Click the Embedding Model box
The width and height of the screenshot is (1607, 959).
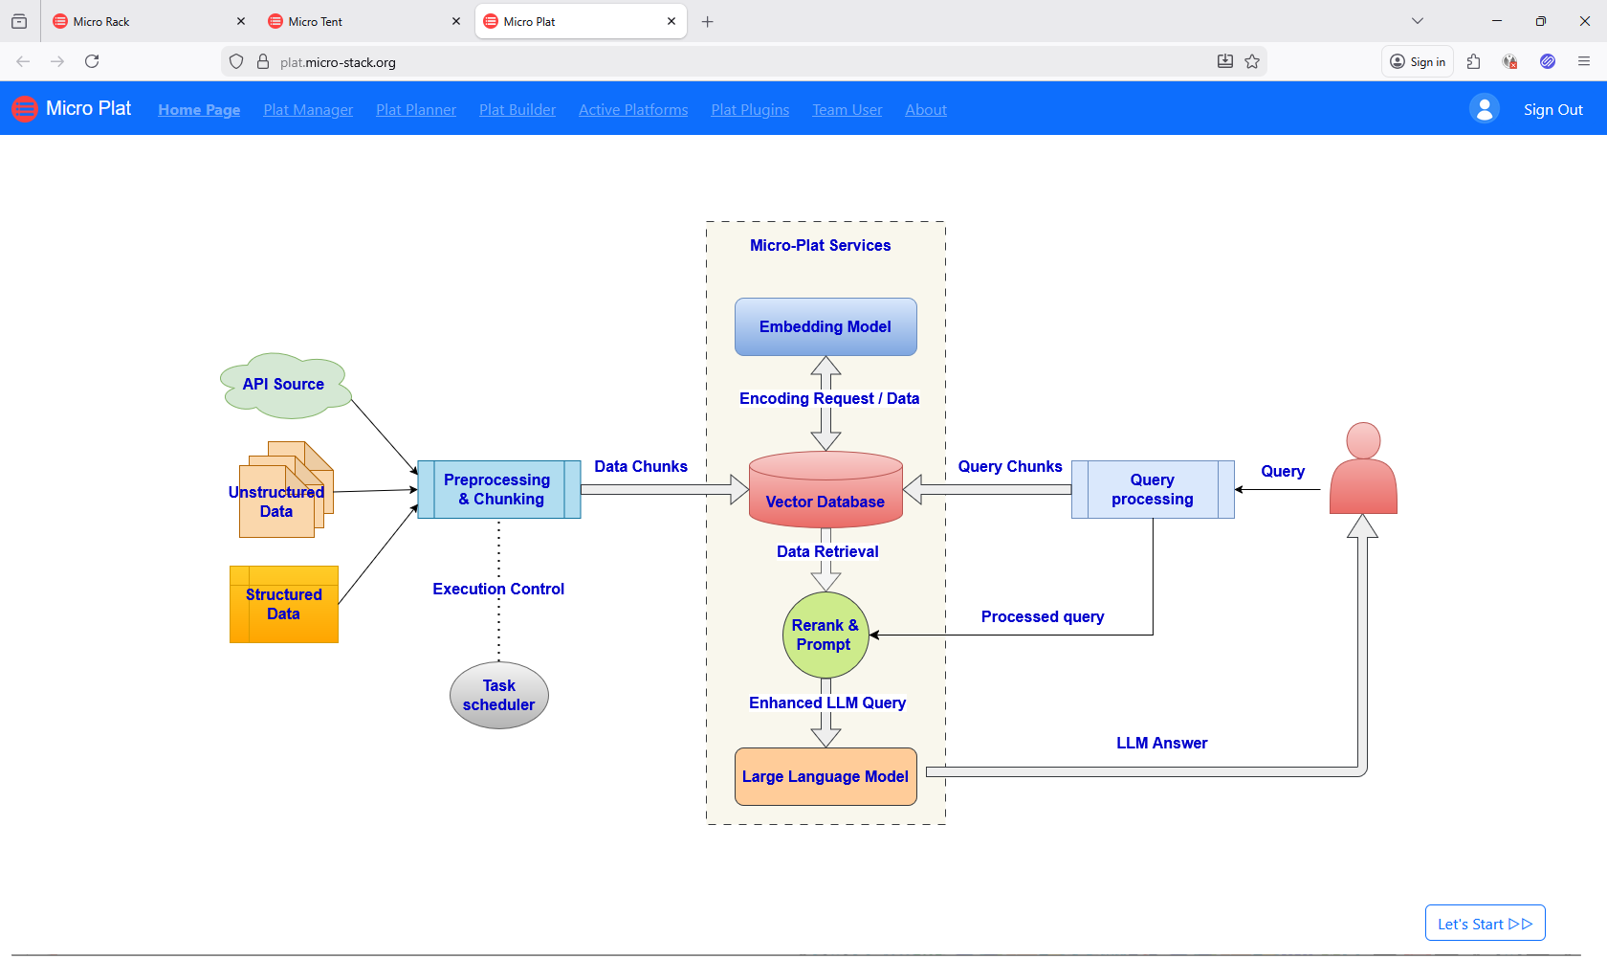(x=826, y=327)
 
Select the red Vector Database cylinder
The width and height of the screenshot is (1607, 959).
(x=826, y=493)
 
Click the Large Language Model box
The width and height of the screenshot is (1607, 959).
(x=826, y=777)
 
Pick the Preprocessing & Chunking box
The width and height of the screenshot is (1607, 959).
(x=498, y=490)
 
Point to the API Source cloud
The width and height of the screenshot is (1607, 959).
(x=284, y=385)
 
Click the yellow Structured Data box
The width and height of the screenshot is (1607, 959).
(x=284, y=605)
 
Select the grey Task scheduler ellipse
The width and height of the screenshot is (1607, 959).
(x=498, y=696)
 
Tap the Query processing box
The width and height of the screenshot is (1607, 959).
(x=1153, y=490)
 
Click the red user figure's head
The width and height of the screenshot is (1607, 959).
(x=1363, y=440)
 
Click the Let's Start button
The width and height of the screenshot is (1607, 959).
(x=1485, y=924)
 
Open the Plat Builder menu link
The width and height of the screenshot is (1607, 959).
(x=517, y=110)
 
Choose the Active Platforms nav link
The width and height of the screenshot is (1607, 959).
(x=633, y=110)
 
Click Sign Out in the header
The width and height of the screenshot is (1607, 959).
(x=1552, y=110)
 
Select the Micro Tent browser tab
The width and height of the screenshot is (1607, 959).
(x=316, y=21)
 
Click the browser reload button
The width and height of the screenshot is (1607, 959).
(x=92, y=61)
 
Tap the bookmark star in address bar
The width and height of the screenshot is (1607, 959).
(x=1252, y=61)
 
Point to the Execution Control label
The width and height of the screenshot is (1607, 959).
(x=498, y=590)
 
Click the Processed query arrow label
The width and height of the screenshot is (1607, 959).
(x=1043, y=617)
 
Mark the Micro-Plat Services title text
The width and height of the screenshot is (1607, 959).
(x=820, y=246)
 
